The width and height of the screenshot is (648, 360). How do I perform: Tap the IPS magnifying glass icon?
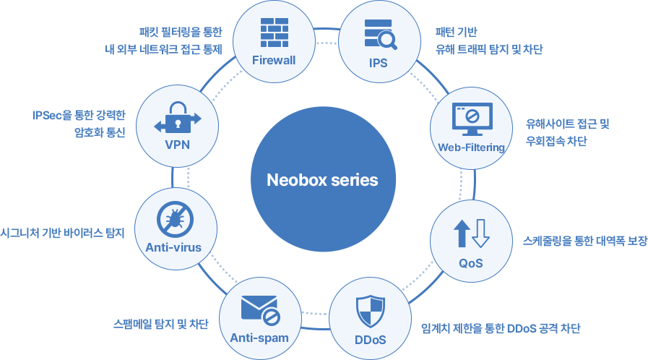pyautogui.click(x=379, y=34)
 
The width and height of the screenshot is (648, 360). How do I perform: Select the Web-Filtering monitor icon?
pyautogui.click(x=471, y=119)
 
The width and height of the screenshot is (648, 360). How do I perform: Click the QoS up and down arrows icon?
pyautogui.click(x=471, y=233)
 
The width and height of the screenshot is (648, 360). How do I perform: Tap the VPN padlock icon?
pyautogui.click(x=177, y=119)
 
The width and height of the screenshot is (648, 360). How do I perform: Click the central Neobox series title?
pyautogui.click(x=322, y=180)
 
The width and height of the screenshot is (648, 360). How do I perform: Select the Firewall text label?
pyautogui.click(x=274, y=59)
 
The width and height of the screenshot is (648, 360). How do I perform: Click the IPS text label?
pyautogui.click(x=379, y=63)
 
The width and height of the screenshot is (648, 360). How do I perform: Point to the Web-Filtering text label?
pyautogui.click(x=471, y=147)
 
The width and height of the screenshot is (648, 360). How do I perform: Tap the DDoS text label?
pyautogui.click(x=369, y=340)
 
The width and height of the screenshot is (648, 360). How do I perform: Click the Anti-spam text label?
pyautogui.click(x=259, y=338)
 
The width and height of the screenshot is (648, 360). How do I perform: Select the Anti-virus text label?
pyautogui.click(x=173, y=248)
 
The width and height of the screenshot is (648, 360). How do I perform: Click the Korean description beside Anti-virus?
pyautogui.click(x=64, y=233)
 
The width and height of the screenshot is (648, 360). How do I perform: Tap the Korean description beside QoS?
pyautogui.click(x=584, y=241)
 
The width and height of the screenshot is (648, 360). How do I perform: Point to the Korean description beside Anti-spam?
pyautogui.click(x=160, y=323)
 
